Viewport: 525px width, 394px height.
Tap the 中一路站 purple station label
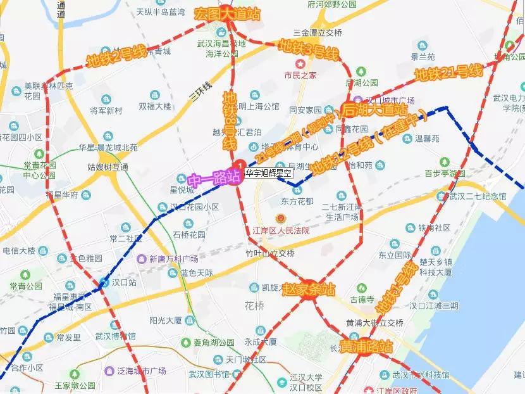click(214, 177)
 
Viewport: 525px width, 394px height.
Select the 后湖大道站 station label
click(375, 109)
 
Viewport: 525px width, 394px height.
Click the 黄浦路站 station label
click(366, 347)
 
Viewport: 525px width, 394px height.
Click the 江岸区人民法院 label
click(281, 231)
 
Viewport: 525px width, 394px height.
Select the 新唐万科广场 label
click(173, 258)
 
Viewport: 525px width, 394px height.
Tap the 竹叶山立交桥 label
click(270, 253)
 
